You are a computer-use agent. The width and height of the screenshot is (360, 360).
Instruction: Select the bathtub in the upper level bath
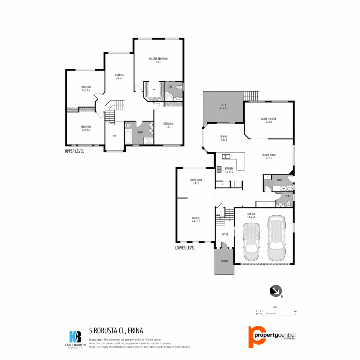129,136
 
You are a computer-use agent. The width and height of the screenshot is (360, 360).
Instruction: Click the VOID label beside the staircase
115,136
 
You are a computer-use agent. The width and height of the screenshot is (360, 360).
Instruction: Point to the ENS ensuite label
170,87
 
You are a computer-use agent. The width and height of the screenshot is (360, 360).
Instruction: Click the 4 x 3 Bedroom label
168,125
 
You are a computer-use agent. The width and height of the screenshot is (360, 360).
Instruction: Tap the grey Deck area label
223,106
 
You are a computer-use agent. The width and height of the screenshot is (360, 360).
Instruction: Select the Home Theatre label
269,120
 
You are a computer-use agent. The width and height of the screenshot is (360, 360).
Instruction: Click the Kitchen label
229,170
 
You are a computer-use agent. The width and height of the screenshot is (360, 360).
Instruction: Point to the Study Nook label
196,181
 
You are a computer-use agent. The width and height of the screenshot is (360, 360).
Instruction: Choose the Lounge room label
196,219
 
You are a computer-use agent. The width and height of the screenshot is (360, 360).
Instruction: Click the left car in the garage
251,241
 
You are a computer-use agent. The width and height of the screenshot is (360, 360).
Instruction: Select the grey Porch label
224,261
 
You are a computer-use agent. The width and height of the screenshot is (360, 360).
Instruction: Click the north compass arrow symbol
275,291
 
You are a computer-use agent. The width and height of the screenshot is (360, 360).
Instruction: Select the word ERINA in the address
135,331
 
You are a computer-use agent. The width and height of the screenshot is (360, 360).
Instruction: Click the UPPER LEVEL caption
74,151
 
